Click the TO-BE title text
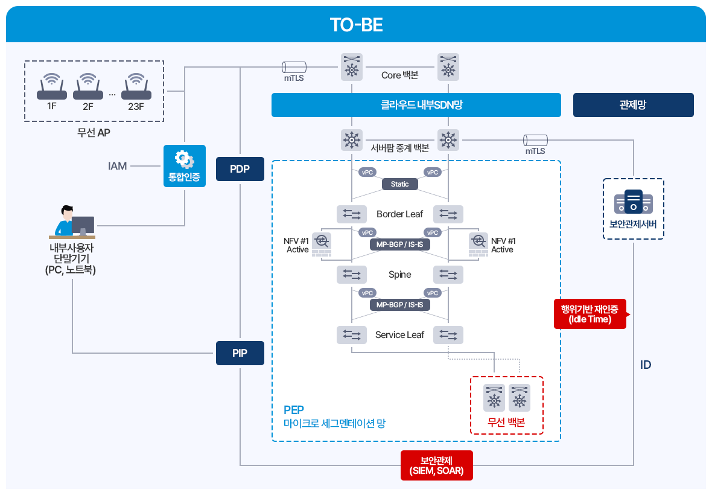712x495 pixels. pos(356,25)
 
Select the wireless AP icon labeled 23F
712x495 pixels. pos(136,87)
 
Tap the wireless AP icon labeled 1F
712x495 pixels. pos(52,87)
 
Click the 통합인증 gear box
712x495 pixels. pos(185,165)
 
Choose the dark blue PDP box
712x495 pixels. pos(240,169)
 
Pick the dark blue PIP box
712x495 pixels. pos(240,353)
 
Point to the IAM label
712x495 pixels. pos(118,166)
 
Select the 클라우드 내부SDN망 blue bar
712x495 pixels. pos(416,105)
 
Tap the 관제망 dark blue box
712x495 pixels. pos(633,105)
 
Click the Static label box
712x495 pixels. pos(400,184)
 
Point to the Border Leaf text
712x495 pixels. pos(400,214)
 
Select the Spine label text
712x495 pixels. pos(400,275)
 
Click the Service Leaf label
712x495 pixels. pos(400,335)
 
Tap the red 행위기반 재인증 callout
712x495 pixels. pos(590,314)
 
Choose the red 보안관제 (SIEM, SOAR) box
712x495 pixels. pos(437,465)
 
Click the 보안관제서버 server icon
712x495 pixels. pos(633,202)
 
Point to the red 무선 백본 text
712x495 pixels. pos(506,423)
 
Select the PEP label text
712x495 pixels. pos(294,410)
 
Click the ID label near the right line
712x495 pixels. pos(646,365)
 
